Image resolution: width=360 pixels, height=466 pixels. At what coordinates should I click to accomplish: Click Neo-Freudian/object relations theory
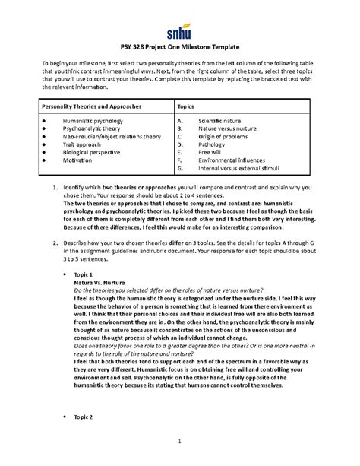pyautogui.click(x=112, y=139)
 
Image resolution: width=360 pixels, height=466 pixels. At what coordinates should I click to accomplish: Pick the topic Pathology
pyautogui.click(x=213, y=148)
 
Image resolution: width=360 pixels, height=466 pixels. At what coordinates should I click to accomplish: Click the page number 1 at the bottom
pyautogui.click(x=180, y=442)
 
